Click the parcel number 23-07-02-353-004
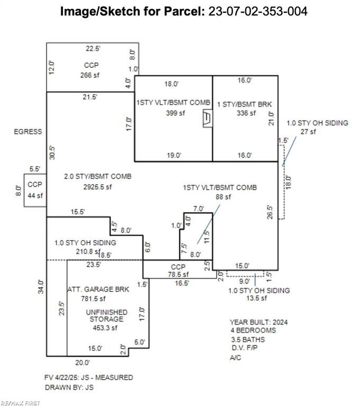(258, 12)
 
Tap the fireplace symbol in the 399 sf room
(208, 118)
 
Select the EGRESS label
(28, 132)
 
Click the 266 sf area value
(90, 75)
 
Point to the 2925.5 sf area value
(97, 187)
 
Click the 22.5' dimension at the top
(93, 49)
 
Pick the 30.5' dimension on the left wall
(52, 153)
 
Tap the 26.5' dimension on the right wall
(270, 213)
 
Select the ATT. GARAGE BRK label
(98, 289)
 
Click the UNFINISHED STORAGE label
(106, 316)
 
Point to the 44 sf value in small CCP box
(35, 196)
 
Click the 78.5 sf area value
(178, 274)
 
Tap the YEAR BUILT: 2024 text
(259, 322)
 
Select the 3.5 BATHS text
(248, 339)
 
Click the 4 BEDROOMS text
(253, 330)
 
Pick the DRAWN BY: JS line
(69, 387)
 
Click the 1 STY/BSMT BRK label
(244, 104)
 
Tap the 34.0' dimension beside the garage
(41, 287)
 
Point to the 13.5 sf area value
(256, 298)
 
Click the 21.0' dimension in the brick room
(271, 118)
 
